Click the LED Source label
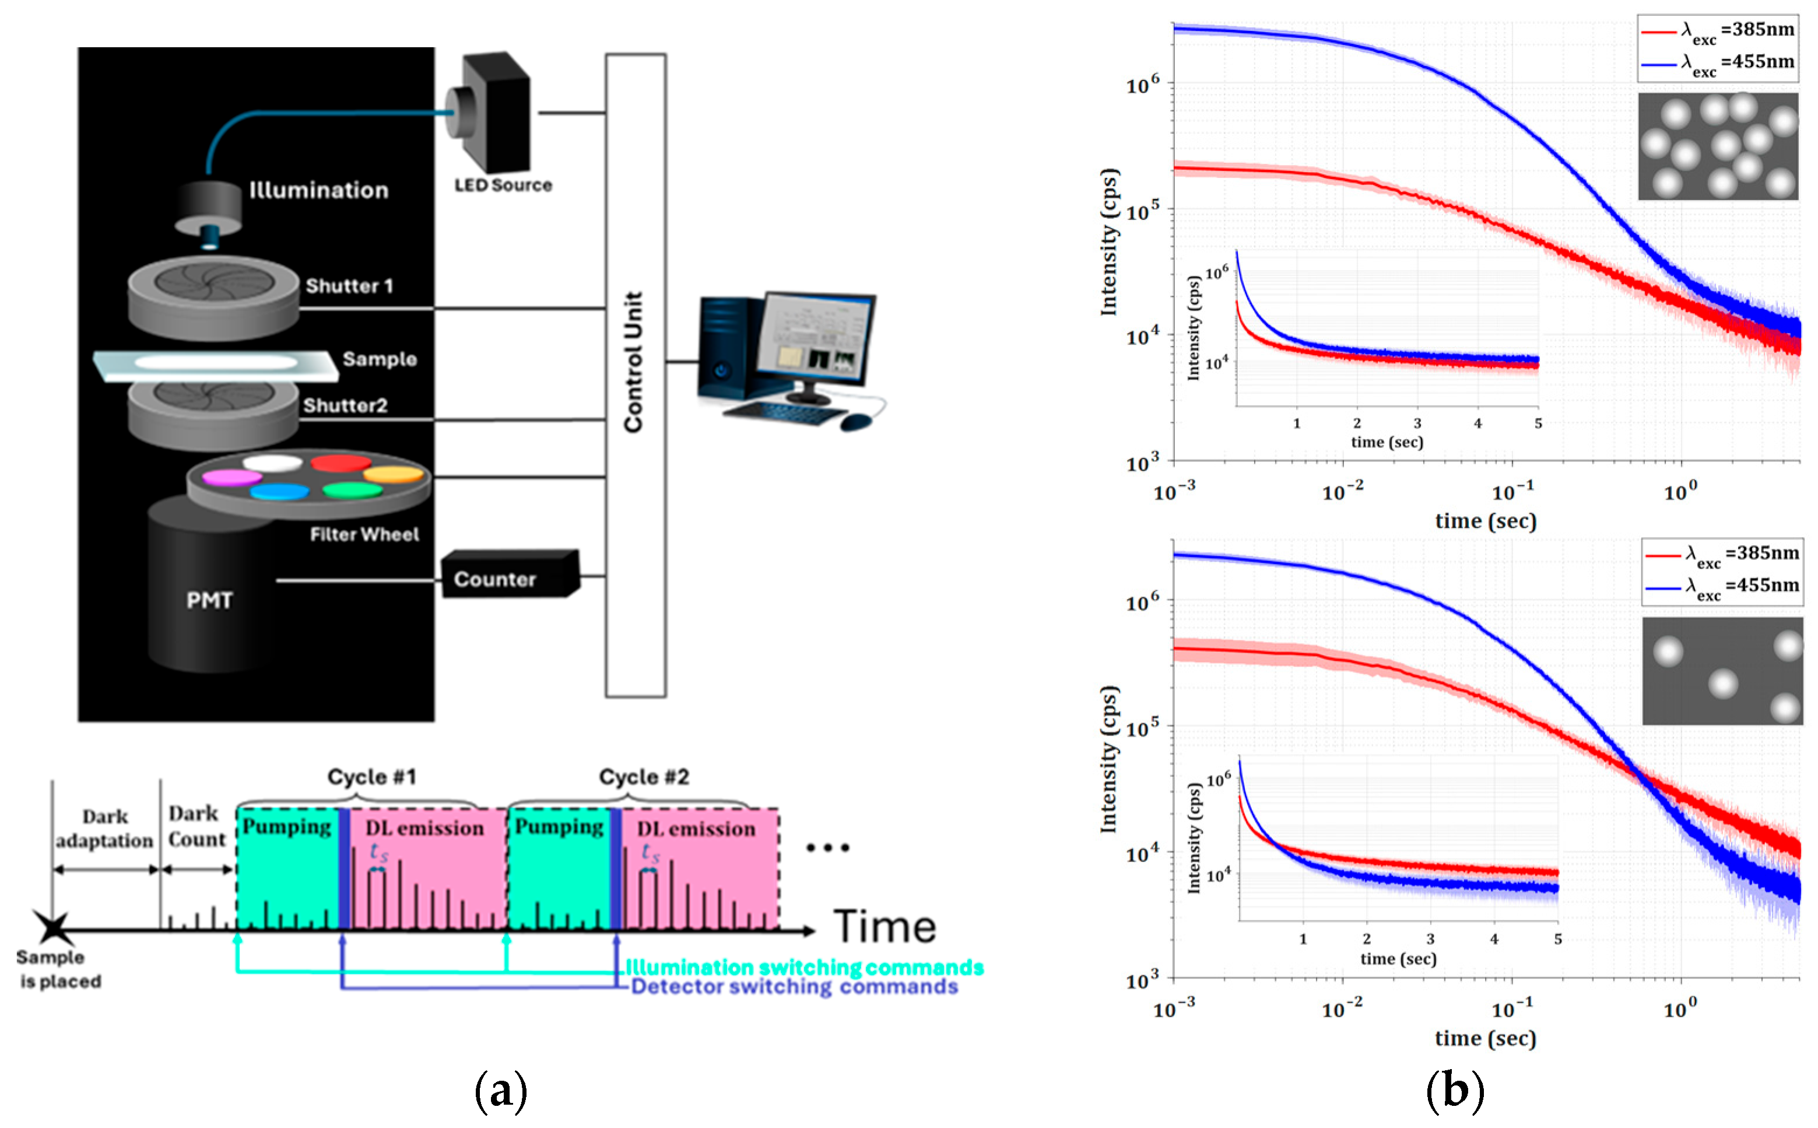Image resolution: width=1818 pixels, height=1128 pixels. coord(503,185)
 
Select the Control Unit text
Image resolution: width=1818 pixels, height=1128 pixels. coord(634,362)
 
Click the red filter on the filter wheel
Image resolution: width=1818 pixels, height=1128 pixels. coord(340,463)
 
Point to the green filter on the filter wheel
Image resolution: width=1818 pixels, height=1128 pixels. coord(352,489)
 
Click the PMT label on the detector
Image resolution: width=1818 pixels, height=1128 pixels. coord(209,601)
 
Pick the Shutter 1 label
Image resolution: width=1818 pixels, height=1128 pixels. coord(349,286)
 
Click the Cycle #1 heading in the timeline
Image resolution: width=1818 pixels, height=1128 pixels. coord(371,777)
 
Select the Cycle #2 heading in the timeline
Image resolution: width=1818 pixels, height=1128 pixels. coord(644,777)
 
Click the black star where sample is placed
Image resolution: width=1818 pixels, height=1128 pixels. coord(53,928)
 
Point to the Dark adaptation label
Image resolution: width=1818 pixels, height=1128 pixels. coord(104,829)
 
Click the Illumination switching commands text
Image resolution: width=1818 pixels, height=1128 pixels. coord(805,968)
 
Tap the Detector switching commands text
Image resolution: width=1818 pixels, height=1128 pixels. coord(794,987)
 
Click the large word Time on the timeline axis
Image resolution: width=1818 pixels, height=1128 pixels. coord(885,927)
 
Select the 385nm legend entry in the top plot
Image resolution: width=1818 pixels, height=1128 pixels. coord(1718,30)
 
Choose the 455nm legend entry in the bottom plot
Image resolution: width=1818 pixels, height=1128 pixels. coord(1722,586)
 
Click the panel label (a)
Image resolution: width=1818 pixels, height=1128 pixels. coord(500,1091)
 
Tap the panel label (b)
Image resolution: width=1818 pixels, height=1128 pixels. coord(1454,1091)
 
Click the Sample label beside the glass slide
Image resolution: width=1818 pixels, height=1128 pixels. coord(380,359)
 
